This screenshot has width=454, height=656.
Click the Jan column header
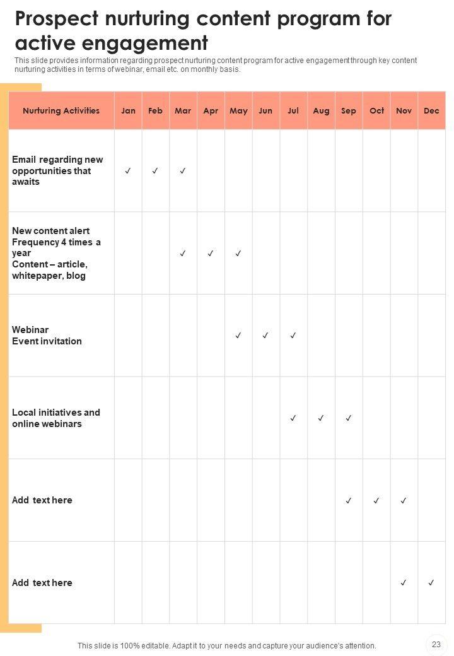(128, 110)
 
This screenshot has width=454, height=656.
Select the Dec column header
(431, 110)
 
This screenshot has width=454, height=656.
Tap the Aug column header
(321, 110)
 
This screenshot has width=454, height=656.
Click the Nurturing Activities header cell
(61, 110)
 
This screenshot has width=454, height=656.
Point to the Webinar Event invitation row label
(47, 336)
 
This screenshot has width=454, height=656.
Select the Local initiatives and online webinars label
(55, 418)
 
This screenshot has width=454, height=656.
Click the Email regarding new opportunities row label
(57, 170)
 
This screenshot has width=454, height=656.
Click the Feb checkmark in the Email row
(155, 171)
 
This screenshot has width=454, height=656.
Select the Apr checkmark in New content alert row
(211, 254)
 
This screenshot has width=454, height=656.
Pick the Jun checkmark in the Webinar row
(265, 336)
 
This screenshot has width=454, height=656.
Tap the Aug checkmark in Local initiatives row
(321, 418)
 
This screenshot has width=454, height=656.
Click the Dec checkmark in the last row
(431, 583)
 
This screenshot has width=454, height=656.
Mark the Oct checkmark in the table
(376, 501)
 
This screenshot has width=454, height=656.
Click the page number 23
(436, 644)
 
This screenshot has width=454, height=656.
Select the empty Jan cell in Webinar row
(128, 336)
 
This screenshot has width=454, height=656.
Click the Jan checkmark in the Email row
(128, 171)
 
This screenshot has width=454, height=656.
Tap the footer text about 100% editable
(226, 645)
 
